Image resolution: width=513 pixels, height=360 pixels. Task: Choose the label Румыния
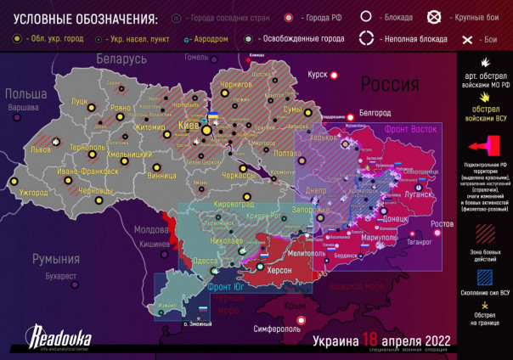pyautogui.click(x=55, y=258)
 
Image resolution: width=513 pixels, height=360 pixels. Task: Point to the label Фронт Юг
pyautogui.click(x=225, y=287)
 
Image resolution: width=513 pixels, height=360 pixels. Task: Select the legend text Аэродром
pyautogui.click(x=211, y=39)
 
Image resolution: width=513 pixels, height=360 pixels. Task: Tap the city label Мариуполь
pyautogui.click(x=373, y=238)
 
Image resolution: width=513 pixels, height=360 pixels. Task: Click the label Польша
pyautogui.click(x=25, y=94)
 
